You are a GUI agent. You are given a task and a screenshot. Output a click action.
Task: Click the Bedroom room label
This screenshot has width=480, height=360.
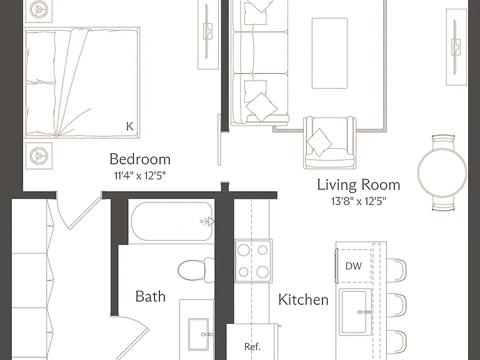(x=140, y=159)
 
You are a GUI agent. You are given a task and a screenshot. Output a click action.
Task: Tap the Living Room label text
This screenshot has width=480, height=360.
(x=359, y=184)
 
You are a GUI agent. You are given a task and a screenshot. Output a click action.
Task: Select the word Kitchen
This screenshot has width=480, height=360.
(x=303, y=299)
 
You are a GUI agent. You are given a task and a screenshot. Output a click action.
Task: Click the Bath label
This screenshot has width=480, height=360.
(x=150, y=296)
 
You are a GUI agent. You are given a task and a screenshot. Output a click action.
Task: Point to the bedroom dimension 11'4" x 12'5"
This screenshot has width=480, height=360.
(x=140, y=176)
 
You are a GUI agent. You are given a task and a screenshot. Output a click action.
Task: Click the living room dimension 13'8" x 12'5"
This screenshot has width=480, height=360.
(x=359, y=201)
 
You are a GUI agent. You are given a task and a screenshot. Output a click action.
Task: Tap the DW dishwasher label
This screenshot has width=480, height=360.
(x=354, y=266)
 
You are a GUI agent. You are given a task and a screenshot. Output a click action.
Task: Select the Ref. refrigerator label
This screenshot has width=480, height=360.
(x=252, y=346)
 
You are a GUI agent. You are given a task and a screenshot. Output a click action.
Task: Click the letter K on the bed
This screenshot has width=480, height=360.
(x=130, y=126)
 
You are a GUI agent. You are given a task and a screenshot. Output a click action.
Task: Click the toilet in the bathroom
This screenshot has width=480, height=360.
(x=196, y=270)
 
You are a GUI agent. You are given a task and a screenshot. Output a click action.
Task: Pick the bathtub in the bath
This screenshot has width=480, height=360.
(x=172, y=221)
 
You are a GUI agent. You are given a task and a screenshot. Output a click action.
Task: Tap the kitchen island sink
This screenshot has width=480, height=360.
(x=355, y=312)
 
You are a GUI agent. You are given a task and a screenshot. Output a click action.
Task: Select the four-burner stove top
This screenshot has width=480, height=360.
(x=253, y=261)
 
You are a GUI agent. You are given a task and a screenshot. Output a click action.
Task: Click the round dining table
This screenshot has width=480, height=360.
(x=442, y=172)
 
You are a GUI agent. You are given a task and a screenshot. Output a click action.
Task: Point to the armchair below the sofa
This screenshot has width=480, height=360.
(x=330, y=142)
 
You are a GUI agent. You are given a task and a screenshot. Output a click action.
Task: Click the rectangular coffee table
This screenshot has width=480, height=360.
(x=329, y=53)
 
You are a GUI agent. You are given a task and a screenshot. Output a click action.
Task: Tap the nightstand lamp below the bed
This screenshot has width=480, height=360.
(x=39, y=156)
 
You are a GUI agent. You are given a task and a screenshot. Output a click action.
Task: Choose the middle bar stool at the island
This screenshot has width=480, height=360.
(x=397, y=305)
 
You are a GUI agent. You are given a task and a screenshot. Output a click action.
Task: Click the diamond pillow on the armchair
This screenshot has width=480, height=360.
(x=319, y=142)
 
